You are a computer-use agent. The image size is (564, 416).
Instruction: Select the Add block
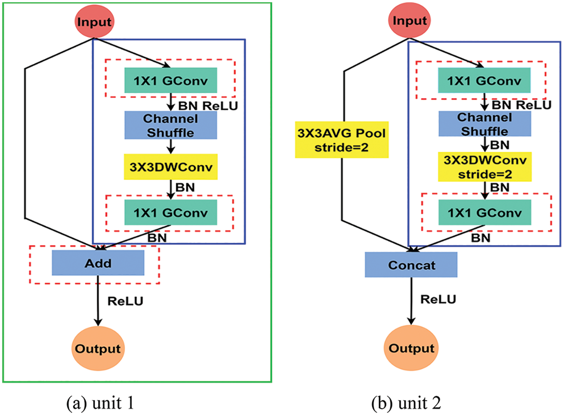click(x=98, y=263)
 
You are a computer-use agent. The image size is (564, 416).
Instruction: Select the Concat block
click(x=411, y=264)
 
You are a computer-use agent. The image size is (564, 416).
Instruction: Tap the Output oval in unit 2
click(x=410, y=348)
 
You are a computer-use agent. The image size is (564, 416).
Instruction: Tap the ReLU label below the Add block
click(x=125, y=301)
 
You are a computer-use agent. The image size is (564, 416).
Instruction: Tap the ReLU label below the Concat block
click(x=438, y=299)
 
